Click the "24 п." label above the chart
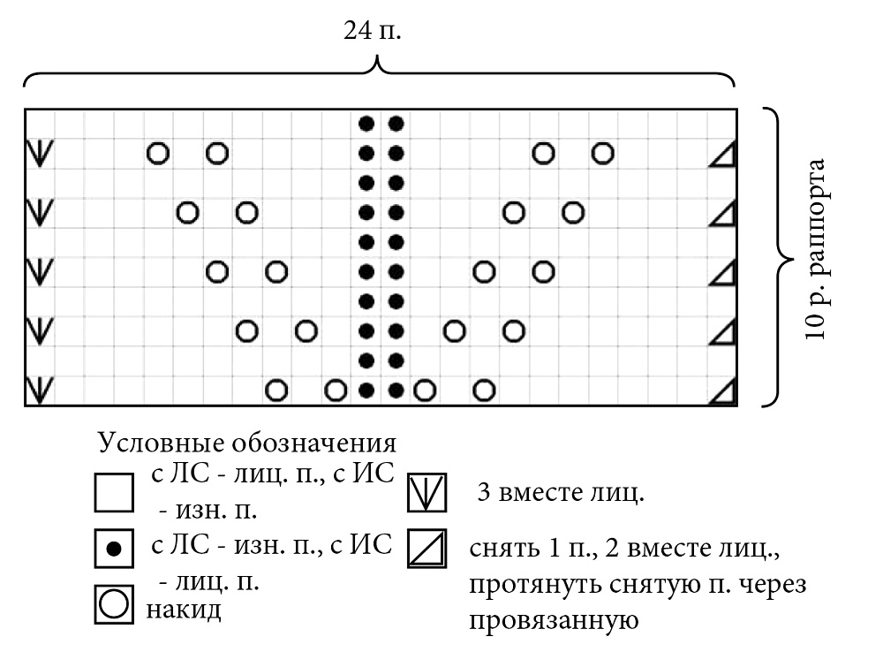(373, 30)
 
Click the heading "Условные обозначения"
(247, 443)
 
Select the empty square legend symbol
(114, 492)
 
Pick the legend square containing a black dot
(114, 548)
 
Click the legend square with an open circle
(114, 604)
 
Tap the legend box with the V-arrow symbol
(426, 492)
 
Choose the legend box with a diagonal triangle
(426, 548)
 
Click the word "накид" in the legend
(184, 610)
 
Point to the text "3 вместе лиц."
(561, 492)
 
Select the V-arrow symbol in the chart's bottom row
(40, 390)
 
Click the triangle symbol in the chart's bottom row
(721, 392)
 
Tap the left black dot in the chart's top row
(366, 124)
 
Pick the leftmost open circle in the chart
(158, 153)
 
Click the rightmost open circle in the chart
(602, 153)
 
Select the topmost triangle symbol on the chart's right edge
(721, 155)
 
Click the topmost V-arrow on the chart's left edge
(40, 153)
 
